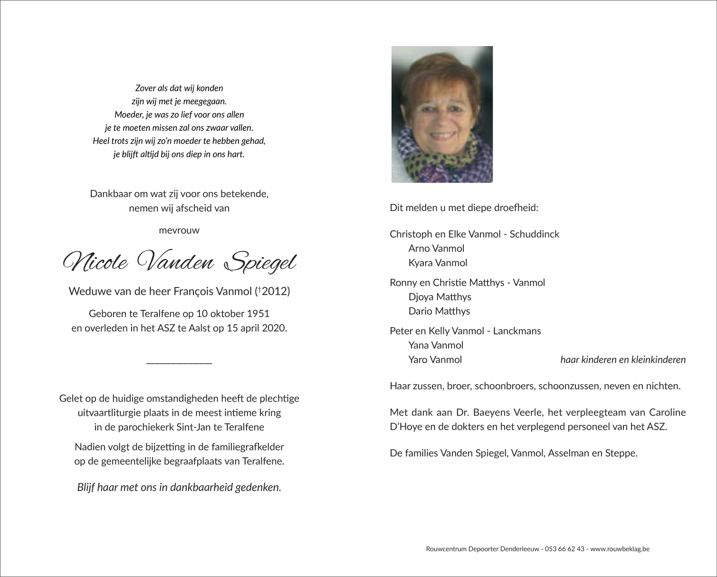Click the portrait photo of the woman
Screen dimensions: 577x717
coord(441,114)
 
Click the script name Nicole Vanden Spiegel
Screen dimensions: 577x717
coord(179,262)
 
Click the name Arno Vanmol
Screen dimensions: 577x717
coord(436,248)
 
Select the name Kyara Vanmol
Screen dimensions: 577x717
coord(438,263)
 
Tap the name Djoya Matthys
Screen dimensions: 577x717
coord(440,297)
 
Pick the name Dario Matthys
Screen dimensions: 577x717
coord(439,311)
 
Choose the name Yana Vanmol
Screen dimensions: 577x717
coord(436,345)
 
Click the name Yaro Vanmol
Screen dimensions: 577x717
coord(435,359)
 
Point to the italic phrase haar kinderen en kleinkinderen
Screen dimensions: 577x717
coord(623,359)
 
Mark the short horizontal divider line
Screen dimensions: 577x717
coord(179,364)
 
